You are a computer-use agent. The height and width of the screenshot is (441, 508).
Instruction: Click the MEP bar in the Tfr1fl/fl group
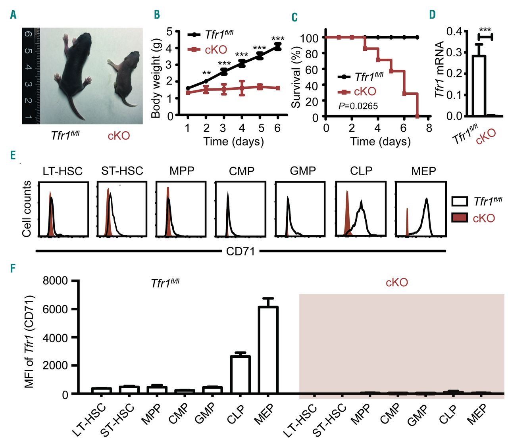click(x=268, y=349)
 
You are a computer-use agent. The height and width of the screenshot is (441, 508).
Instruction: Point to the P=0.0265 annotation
click(x=358, y=106)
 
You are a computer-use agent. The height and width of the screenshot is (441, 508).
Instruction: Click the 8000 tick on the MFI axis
click(x=56, y=281)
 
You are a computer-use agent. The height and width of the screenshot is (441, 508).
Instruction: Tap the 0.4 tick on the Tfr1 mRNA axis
click(x=454, y=31)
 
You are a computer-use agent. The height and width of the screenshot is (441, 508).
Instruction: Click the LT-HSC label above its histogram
click(x=63, y=171)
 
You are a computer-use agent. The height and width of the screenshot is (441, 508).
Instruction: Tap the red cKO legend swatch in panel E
click(x=460, y=217)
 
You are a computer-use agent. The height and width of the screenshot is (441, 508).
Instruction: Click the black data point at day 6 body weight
click(x=278, y=47)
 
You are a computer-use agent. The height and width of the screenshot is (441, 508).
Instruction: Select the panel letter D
click(x=432, y=15)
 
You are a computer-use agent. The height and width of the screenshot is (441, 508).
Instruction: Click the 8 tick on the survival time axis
click(x=429, y=128)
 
